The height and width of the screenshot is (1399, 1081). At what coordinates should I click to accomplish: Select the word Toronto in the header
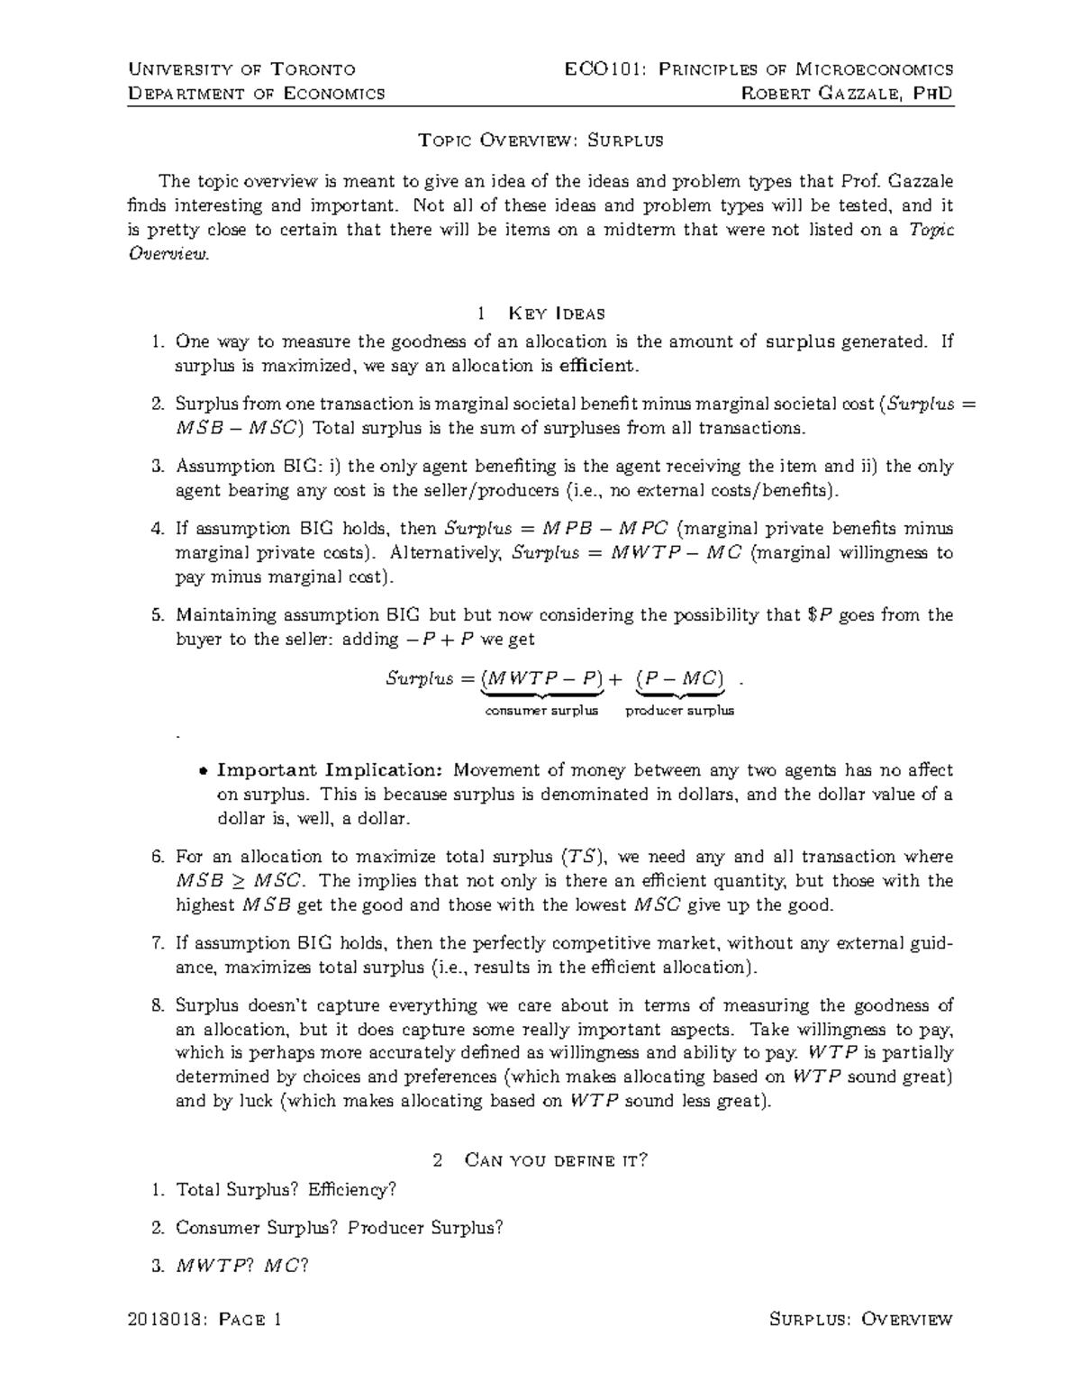tap(314, 69)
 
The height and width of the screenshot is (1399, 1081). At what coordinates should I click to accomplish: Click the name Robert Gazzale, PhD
tap(846, 94)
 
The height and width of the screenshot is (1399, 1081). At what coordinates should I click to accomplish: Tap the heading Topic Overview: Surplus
tap(540, 141)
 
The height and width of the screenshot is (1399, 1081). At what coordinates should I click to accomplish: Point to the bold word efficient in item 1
tap(596, 367)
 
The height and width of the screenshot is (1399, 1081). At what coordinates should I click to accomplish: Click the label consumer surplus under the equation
tap(541, 711)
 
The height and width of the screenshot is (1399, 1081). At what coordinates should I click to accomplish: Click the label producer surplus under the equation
tap(680, 711)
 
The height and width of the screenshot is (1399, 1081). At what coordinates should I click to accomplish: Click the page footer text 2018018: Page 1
tap(205, 1321)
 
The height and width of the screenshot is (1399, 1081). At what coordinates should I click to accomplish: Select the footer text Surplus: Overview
tap(861, 1321)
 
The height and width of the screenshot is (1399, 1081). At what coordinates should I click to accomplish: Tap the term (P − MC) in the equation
tap(680, 679)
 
